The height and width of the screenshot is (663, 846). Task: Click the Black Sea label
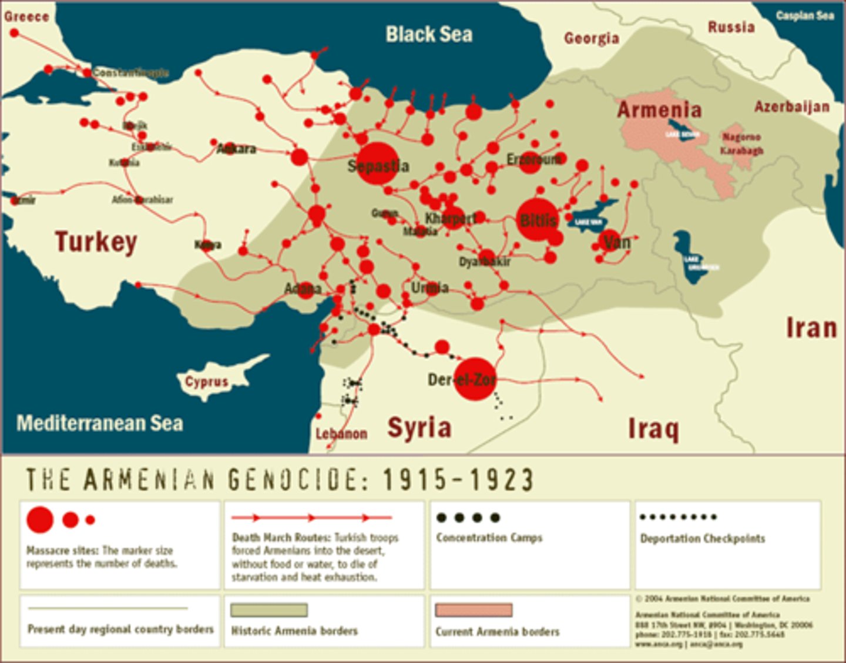[x=429, y=34]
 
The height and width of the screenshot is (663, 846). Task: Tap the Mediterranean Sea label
[x=100, y=423]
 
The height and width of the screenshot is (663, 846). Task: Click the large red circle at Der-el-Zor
[x=475, y=379]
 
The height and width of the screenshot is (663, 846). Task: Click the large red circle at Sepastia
[x=377, y=163]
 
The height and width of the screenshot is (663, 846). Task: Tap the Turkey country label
[x=96, y=242]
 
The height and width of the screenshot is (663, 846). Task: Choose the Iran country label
[x=811, y=327]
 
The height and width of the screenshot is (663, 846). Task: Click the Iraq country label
[x=653, y=428]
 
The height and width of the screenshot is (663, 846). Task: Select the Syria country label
[x=419, y=427]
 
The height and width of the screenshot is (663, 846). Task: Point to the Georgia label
[x=591, y=38]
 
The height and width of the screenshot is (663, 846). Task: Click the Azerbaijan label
[x=792, y=106]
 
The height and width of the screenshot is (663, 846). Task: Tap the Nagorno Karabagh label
[x=741, y=143]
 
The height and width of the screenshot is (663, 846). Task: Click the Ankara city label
[x=236, y=149]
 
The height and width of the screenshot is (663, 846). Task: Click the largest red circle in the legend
[x=40, y=520]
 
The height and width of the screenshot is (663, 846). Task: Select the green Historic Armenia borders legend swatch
[x=269, y=610]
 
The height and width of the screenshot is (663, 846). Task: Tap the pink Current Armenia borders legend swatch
[x=474, y=610]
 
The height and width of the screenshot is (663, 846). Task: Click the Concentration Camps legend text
[x=489, y=538]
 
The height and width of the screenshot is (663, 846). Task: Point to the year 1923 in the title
[x=501, y=480]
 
